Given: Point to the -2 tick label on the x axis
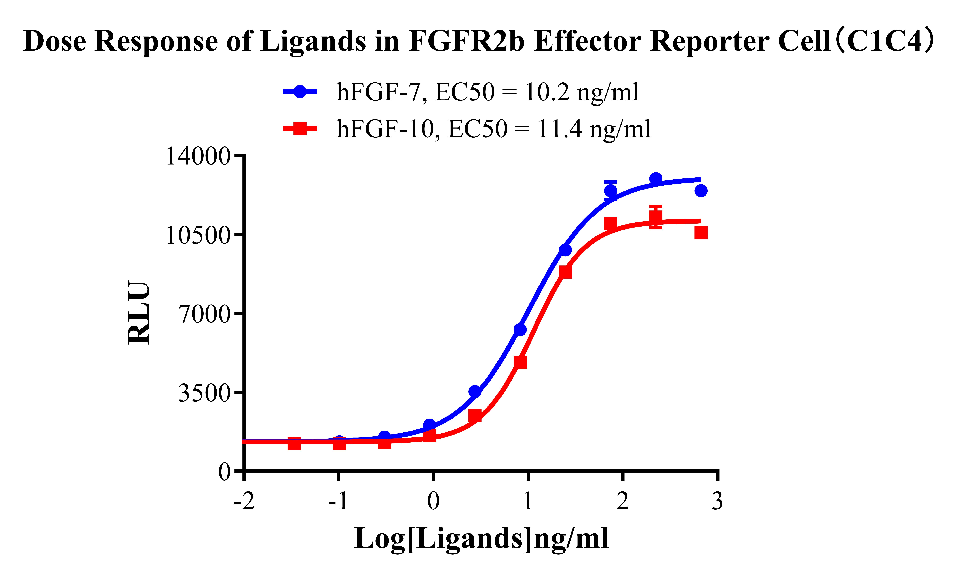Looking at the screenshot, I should pos(244,501).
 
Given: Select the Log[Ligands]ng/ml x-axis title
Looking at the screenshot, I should pos(481,538).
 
